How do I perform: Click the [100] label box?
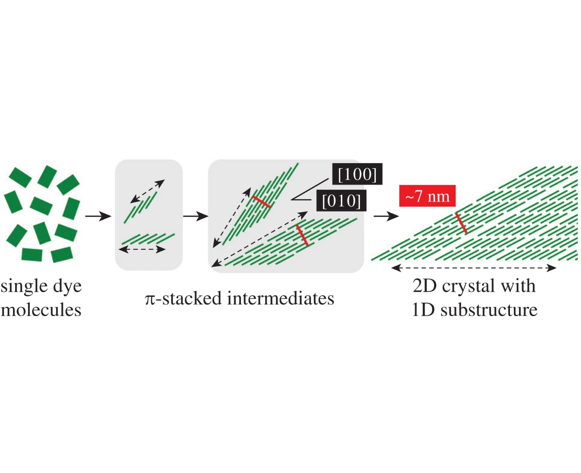pos(357,174)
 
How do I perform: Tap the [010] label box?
pos(341,201)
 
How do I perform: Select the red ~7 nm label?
pos(427,196)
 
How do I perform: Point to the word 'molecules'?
pos(41,310)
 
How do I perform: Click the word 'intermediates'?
pos(281,299)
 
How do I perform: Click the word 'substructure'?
pos(489,310)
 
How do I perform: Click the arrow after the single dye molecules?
pos(98,216)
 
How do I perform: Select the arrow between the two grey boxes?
pos(195,216)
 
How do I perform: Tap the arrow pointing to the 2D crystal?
pos(386,216)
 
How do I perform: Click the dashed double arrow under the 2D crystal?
pos(474,268)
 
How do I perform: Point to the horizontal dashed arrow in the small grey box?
pos(142,249)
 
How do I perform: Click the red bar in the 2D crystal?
pos(461,223)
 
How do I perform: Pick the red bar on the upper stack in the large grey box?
pos(262,201)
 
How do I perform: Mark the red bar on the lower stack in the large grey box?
pos(302,235)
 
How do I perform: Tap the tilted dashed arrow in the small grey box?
pos(147,191)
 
